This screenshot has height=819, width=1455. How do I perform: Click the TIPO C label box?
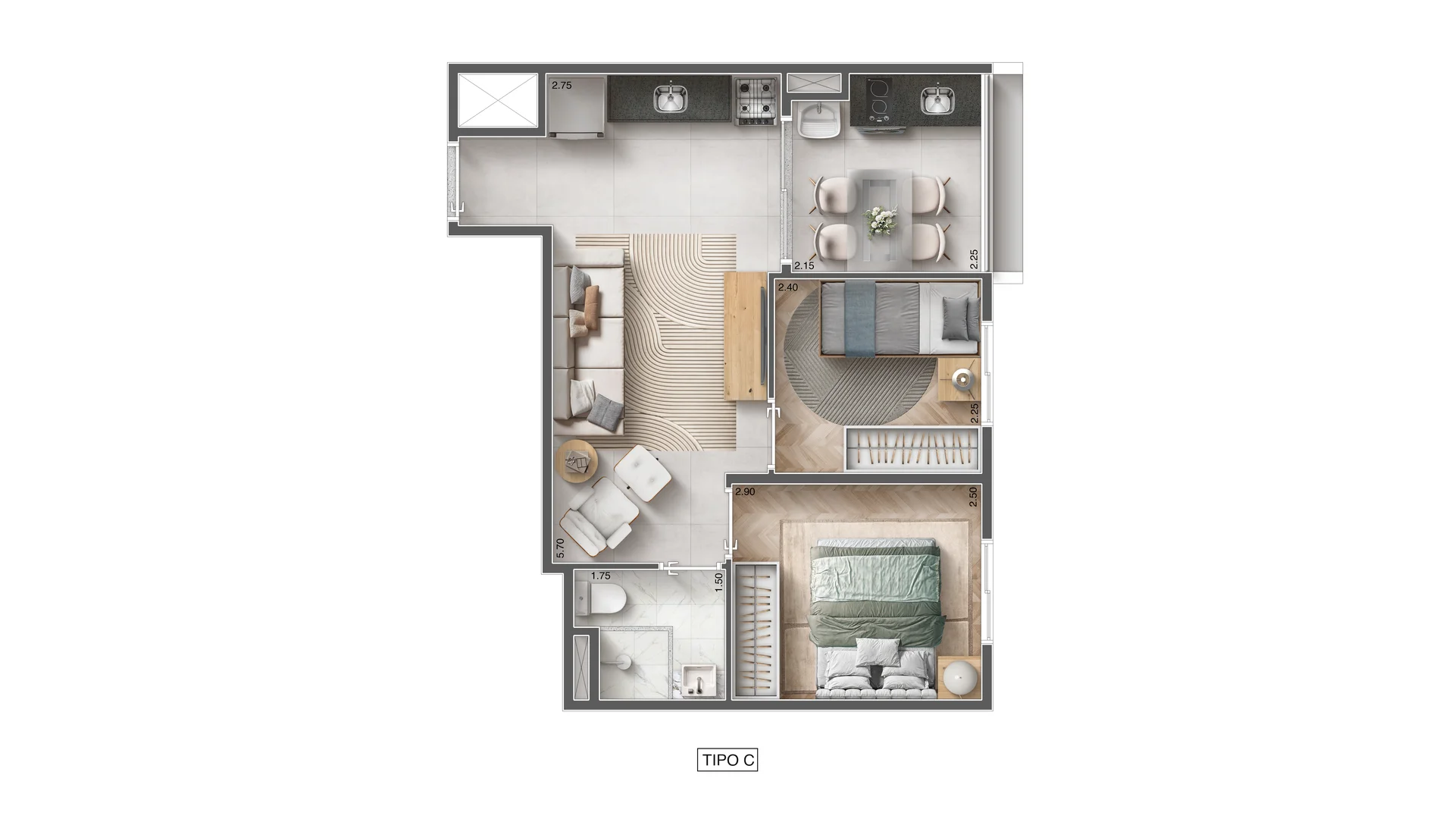coord(727,760)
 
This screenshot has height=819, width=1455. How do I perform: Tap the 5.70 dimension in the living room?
coord(560,549)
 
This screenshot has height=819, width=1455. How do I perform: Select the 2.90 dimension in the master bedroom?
coord(745,492)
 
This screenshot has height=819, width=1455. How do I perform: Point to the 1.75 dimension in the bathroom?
coord(601,576)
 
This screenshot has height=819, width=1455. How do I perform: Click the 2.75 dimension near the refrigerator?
coord(562,86)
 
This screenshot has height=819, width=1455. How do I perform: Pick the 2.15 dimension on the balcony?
coord(804,265)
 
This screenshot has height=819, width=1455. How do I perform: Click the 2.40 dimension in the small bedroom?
coord(788,287)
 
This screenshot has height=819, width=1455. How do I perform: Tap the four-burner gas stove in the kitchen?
coord(756,101)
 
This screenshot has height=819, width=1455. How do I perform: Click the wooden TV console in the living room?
coord(746,336)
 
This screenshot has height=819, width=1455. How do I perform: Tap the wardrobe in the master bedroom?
coord(756,629)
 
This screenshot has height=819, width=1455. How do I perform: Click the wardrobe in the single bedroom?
coord(912,449)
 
